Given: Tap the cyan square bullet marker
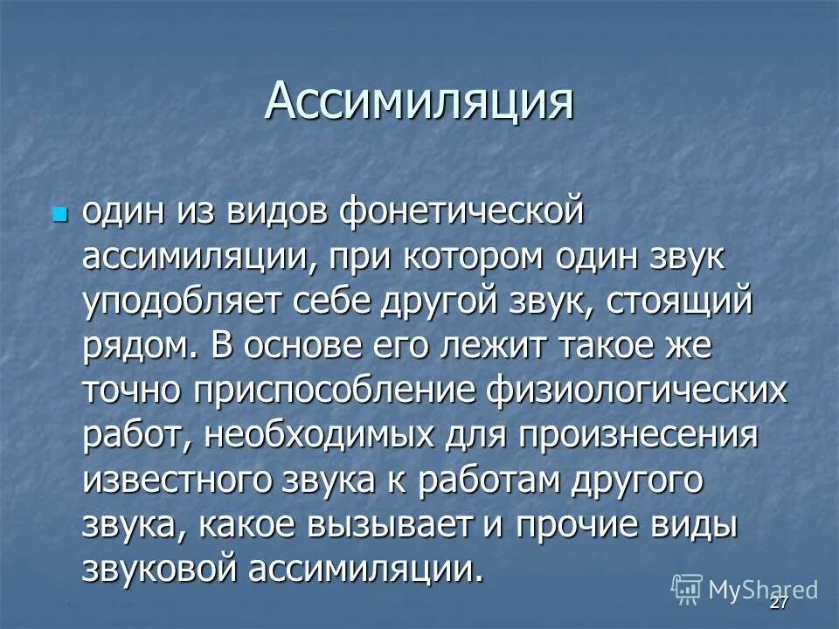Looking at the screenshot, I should pos(59,213).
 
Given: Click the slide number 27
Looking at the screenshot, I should pos(779,605).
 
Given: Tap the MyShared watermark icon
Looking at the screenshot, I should pos(687,589).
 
